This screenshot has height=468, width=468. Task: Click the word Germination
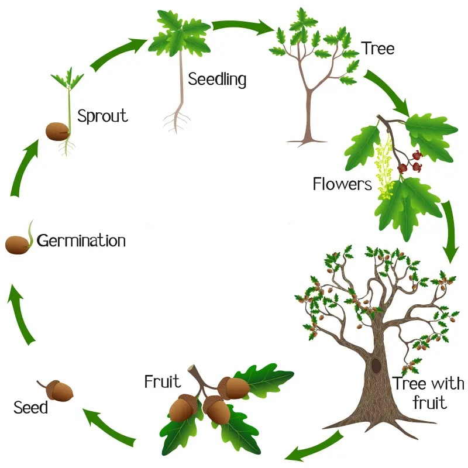[81, 241]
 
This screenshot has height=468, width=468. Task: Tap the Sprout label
[103, 116]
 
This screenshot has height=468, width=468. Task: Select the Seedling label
[217, 80]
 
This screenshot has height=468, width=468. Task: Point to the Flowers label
[342, 184]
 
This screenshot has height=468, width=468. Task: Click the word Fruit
[163, 381]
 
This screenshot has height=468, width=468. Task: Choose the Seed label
[30, 407]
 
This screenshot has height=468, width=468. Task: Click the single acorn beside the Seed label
[56, 390]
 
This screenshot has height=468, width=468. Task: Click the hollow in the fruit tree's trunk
[376, 365]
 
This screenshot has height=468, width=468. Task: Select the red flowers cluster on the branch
[410, 163]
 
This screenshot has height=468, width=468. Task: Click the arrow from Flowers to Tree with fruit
[450, 230]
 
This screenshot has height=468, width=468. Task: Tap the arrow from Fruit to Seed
[109, 428]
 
